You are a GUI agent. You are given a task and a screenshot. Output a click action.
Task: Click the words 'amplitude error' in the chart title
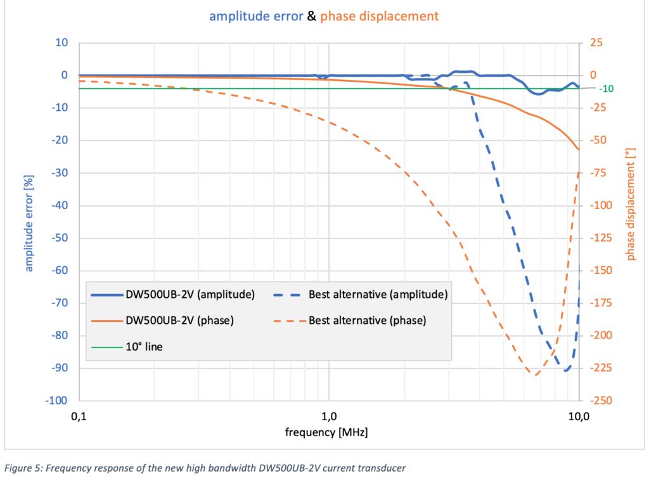[x=256, y=16]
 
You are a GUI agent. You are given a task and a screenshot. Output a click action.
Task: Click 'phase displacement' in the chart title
[x=379, y=16]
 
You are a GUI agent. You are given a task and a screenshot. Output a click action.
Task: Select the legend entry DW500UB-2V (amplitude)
[x=173, y=294]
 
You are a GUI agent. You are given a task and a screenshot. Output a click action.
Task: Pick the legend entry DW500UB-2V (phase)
[x=162, y=320]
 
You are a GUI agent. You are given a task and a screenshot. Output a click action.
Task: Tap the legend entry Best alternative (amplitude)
[x=361, y=294]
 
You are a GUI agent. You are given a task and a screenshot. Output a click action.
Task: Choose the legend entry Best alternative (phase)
[x=350, y=320]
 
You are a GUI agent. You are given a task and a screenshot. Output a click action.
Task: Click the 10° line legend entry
[x=127, y=347]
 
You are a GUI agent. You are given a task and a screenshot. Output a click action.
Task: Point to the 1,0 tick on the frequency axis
[x=329, y=416]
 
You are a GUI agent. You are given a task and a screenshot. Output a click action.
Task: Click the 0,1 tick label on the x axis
[x=79, y=416]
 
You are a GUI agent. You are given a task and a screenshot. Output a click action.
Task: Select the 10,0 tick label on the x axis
[x=579, y=416]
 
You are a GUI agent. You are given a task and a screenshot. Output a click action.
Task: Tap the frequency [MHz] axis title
[x=326, y=432]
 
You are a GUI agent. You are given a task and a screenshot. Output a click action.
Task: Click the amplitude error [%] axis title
[x=29, y=224]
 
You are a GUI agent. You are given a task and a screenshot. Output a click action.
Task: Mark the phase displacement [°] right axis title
[x=630, y=204]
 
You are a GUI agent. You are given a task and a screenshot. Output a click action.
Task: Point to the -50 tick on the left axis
[x=60, y=238]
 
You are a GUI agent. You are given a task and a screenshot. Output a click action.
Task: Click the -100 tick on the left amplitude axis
[x=56, y=400]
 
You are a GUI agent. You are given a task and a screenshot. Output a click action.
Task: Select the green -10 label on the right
[x=607, y=89]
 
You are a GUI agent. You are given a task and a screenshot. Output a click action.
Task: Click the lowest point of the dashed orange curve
[x=534, y=375]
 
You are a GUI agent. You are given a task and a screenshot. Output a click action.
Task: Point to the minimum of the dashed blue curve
[x=566, y=370]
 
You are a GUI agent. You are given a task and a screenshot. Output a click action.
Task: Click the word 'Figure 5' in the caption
[x=23, y=468]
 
